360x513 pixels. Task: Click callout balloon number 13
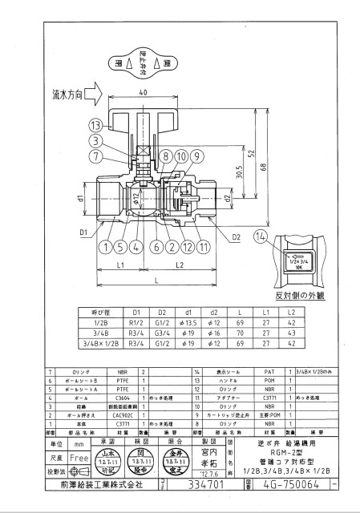(95, 126)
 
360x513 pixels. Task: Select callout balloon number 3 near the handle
(95, 140)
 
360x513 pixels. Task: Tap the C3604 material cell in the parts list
(122, 397)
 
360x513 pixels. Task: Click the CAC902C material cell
(122, 417)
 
